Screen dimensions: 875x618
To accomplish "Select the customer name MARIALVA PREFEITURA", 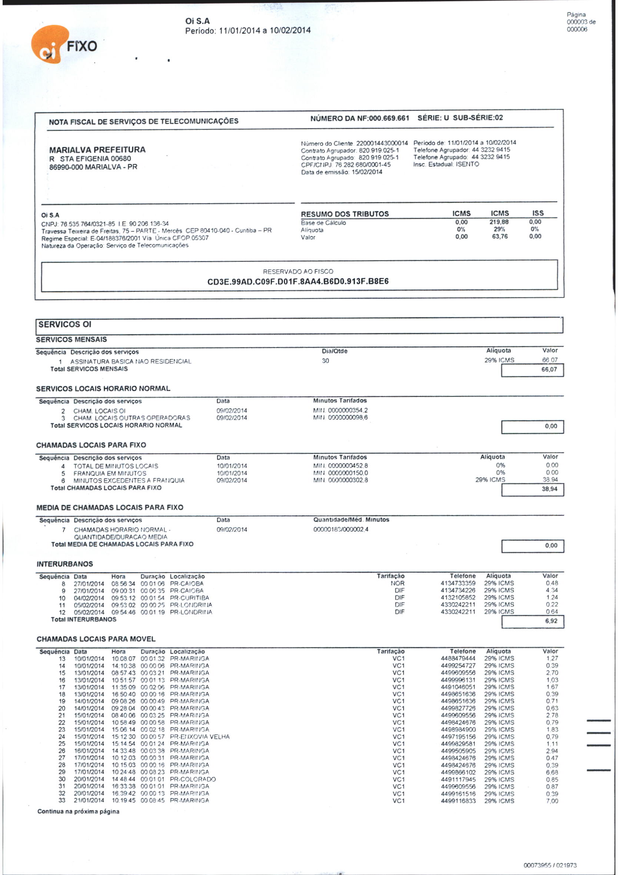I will coord(97,149).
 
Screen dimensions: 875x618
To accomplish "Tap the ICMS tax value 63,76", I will coord(499,236).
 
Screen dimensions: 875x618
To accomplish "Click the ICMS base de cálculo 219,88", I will coord(499,222).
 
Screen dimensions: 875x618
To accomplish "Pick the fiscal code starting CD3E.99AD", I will coord(298,282).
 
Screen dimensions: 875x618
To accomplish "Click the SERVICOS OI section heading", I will coord(65,324).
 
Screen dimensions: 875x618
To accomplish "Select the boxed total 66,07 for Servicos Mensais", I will coord(549,369).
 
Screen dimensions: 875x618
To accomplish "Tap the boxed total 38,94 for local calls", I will coord(549,488).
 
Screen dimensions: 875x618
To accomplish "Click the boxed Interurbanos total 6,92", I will coord(551,621).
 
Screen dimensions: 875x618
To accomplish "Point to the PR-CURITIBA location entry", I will coord(189,598).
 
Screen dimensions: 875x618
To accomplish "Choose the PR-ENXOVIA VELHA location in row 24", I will coord(200,737).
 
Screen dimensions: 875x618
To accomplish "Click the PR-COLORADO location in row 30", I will coord(193,779).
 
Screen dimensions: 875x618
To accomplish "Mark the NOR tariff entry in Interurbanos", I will coord(398,583).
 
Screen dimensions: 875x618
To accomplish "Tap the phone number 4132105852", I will coord(458,597).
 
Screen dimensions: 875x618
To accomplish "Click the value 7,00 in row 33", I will coord(552,801).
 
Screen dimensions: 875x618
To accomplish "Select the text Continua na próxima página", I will coord(78,811).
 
